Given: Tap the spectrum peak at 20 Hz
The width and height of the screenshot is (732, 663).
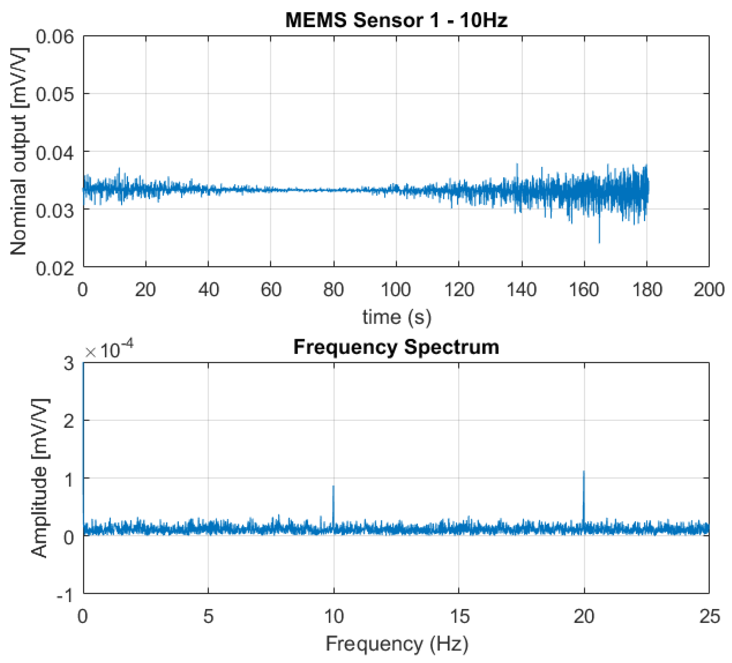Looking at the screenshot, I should click(584, 472).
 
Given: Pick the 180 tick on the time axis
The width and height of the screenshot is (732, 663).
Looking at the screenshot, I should click(647, 290).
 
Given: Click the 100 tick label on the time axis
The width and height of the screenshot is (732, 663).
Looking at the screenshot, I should click(396, 290).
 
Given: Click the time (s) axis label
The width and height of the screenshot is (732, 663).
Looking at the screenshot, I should click(396, 317).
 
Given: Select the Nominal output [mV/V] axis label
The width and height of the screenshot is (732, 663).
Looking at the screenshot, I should click(18, 152).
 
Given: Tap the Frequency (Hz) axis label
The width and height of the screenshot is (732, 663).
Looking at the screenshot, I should click(396, 644).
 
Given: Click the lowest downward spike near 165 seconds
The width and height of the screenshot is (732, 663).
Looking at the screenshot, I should click(599, 242).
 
